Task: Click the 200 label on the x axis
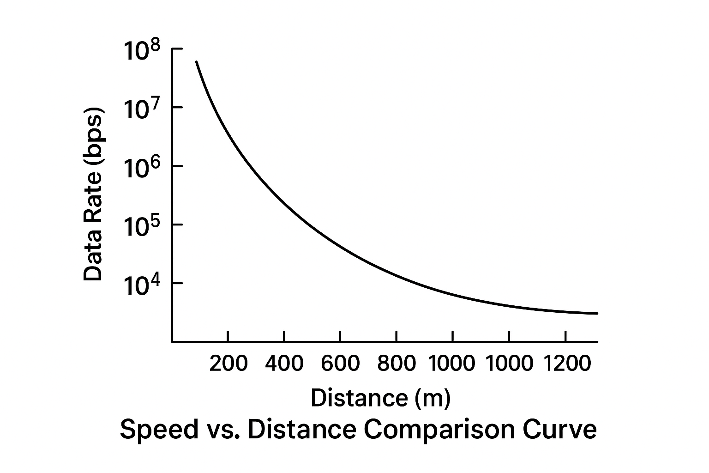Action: [x=228, y=364]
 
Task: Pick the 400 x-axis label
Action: [x=284, y=364]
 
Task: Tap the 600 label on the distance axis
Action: [x=340, y=364]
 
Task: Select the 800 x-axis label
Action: [x=397, y=364]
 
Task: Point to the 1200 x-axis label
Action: [x=566, y=364]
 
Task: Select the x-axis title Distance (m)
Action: [x=380, y=398]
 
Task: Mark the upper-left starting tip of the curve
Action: [x=197, y=62]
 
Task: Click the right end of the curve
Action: [x=597, y=313]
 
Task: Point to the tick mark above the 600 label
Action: [x=340, y=336]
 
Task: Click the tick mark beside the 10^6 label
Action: [x=177, y=166]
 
